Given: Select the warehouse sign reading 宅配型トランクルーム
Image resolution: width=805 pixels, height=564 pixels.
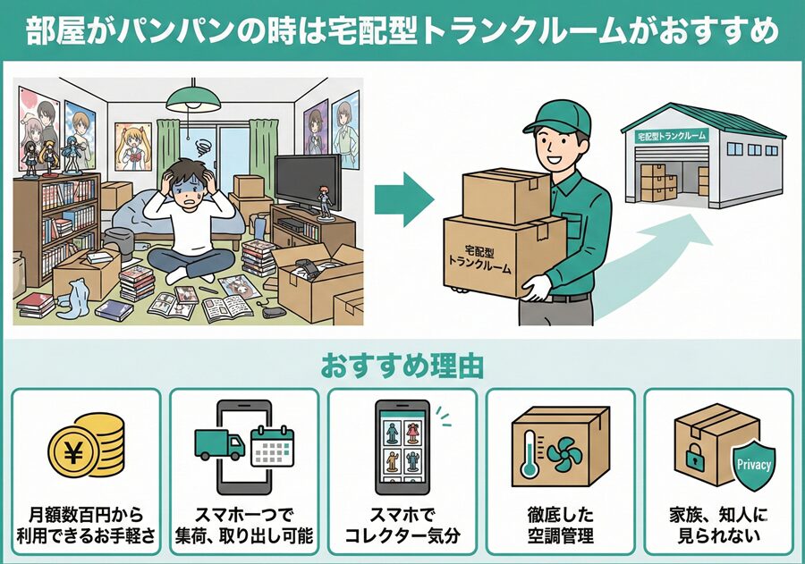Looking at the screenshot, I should click(x=672, y=136).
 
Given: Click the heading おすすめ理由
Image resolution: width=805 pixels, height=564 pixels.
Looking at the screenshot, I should click(x=402, y=366).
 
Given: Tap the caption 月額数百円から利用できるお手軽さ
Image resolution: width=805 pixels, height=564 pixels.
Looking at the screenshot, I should click(x=86, y=526).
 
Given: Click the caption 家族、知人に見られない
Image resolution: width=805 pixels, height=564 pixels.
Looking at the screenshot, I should click(x=718, y=526).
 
